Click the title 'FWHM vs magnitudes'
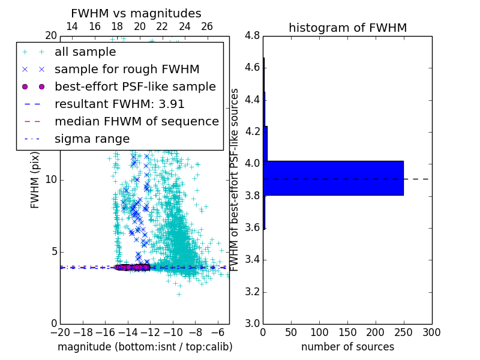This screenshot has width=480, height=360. [x=136, y=13]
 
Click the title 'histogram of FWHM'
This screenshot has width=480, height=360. [x=347, y=28]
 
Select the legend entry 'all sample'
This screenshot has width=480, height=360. [x=85, y=52]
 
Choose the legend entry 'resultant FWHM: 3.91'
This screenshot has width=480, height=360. [x=119, y=104]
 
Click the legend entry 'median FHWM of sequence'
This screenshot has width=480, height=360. [x=136, y=122]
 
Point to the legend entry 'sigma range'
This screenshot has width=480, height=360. [x=92, y=139]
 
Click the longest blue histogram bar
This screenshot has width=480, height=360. [x=333, y=178]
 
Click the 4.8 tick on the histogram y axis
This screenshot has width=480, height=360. [x=253, y=36]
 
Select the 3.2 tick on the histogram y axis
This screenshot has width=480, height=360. [x=253, y=292]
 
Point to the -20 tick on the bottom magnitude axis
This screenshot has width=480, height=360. [x=60, y=332]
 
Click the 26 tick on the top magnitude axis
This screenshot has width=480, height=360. [x=207, y=26]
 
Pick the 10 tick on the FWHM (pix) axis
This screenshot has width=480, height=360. [x=51, y=180]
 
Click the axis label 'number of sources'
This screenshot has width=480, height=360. [x=347, y=347]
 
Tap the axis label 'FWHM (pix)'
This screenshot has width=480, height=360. [x=35, y=179]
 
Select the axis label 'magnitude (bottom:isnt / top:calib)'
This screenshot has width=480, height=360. [x=145, y=347]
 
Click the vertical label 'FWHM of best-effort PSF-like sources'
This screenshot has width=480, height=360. [x=235, y=179]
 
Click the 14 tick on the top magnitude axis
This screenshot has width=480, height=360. [x=71, y=26]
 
